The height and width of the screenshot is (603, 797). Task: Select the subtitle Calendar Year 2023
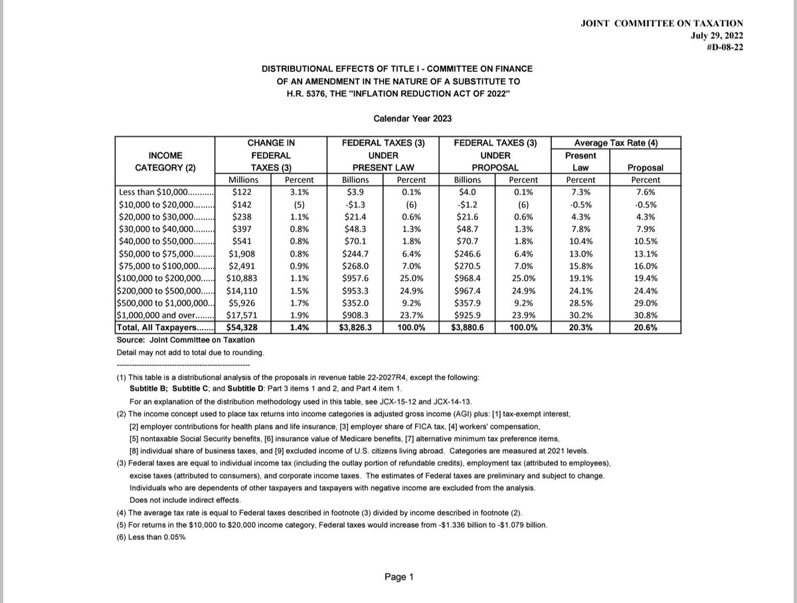[x=413, y=119]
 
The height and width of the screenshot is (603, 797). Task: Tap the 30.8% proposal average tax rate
[x=645, y=316]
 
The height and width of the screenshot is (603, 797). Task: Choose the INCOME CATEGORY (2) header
[x=165, y=161]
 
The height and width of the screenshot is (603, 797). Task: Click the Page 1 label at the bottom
[x=398, y=577]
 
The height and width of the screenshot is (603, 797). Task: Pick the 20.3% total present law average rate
[x=581, y=327]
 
